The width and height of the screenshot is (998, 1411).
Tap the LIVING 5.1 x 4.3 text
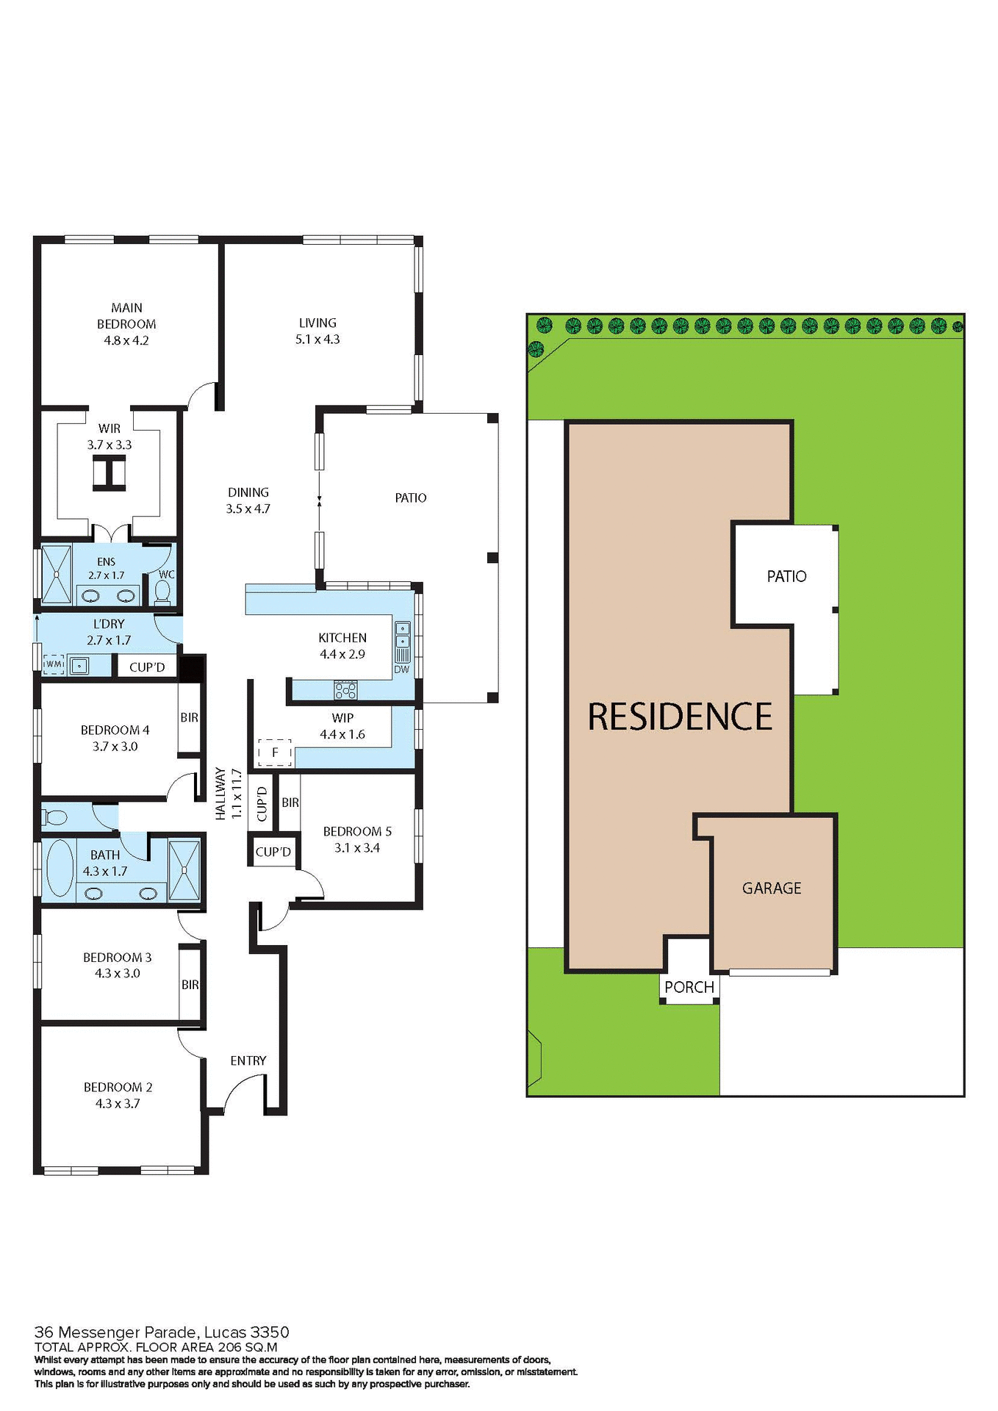pyautogui.click(x=317, y=331)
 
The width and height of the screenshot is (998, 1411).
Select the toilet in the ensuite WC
pyautogui.click(x=163, y=591)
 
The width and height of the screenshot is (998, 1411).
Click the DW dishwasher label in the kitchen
pyautogui.click(x=401, y=669)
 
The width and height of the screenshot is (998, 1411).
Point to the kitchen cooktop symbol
pyautogui.click(x=345, y=690)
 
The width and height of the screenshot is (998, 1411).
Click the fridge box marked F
pyautogui.click(x=275, y=753)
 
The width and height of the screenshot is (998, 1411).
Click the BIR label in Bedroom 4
pyautogui.click(x=189, y=717)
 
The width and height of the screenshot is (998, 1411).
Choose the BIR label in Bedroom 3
pyautogui.click(x=190, y=985)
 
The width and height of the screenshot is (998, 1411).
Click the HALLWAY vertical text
pyautogui.click(x=220, y=794)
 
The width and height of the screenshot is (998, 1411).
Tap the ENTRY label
pyautogui.click(x=248, y=1060)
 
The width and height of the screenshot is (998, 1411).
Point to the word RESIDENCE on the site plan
pyautogui.click(x=680, y=717)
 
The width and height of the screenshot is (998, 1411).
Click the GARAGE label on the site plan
pyautogui.click(x=772, y=888)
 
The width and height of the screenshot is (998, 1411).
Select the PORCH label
pyautogui.click(x=689, y=987)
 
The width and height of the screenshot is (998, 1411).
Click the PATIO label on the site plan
pyautogui.click(x=786, y=576)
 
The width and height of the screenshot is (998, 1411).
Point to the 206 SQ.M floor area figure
pyautogui.click(x=248, y=1347)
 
